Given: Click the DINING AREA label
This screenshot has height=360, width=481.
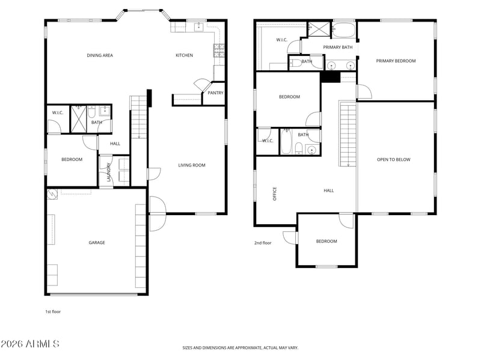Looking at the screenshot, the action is pyautogui.click(x=100, y=55).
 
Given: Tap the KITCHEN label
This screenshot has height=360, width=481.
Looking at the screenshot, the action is pyautogui.click(x=185, y=55).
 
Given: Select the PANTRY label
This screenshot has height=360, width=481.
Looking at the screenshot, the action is pyautogui.click(x=215, y=93).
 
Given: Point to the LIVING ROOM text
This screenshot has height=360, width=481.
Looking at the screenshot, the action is pyautogui.click(x=192, y=165).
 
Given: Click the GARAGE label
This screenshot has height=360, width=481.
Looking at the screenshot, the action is pyautogui.click(x=97, y=243).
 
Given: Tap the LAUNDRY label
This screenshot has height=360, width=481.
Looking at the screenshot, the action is pyautogui.click(x=109, y=172).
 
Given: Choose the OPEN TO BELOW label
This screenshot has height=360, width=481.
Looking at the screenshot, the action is pyautogui.click(x=394, y=159).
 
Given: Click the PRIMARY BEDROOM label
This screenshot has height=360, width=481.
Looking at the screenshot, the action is pyautogui.click(x=396, y=61).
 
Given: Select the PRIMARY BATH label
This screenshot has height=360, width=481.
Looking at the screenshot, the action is pyautogui.click(x=338, y=47).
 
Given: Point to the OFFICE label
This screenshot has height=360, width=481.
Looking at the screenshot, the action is pyautogui.click(x=275, y=194).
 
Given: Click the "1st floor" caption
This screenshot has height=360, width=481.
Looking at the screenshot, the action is pyautogui.click(x=53, y=311).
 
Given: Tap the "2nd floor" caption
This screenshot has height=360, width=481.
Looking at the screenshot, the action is pyautogui.click(x=263, y=243).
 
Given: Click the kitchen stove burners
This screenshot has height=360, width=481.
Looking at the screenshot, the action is pyautogui.click(x=219, y=50).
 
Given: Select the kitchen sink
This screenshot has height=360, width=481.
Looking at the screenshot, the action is pyautogui.click(x=200, y=27).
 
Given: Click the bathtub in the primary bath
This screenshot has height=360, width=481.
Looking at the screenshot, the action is pyautogui.click(x=343, y=29).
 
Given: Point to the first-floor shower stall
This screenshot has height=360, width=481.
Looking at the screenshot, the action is pyautogui.click(x=79, y=119).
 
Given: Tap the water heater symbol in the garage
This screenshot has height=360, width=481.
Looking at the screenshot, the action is pyautogui.click(x=52, y=194).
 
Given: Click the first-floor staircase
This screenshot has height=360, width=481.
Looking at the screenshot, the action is pyautogui.click(x=138, y=117).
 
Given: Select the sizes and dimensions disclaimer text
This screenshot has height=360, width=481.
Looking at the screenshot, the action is pyautogui.click(x=240, y=348).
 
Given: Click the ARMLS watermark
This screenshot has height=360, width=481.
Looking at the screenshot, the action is pyautogui.click(x=29, y=344).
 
